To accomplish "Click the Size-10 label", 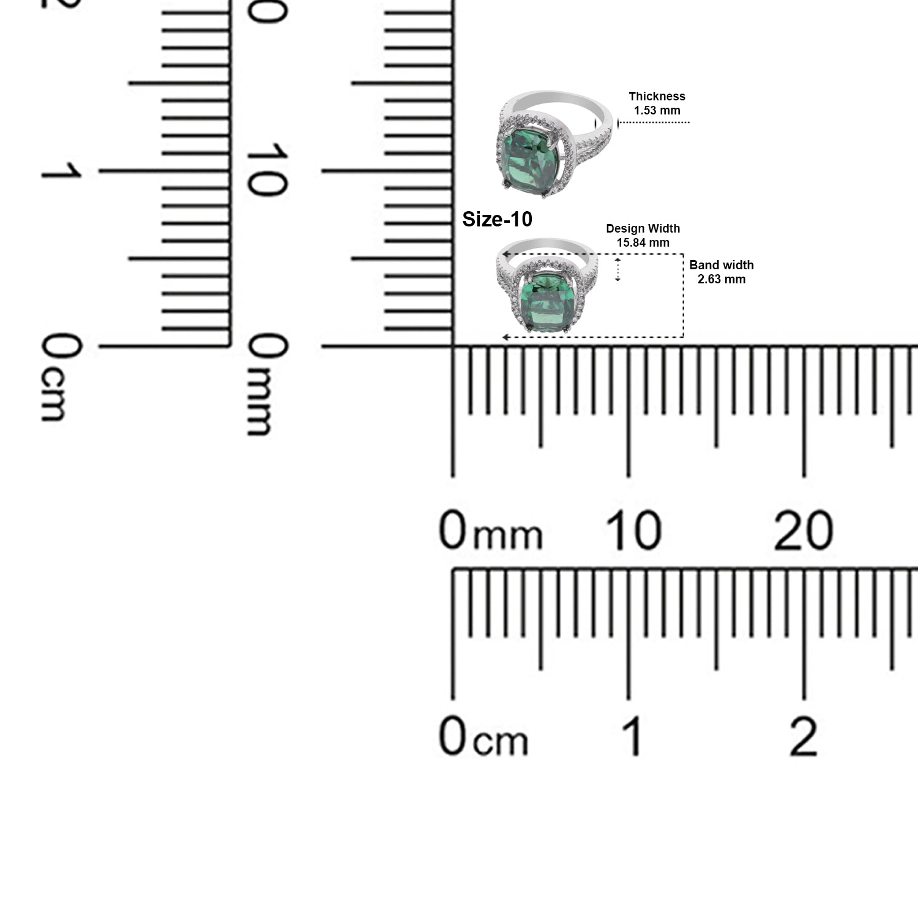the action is point(497,219).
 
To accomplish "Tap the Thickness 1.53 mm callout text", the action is point(657,103).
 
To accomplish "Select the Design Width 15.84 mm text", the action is point(643,235).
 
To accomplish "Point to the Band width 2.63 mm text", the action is point(722,272).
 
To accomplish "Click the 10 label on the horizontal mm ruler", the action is point(633,530).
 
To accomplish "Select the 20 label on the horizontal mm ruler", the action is point(803,530).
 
